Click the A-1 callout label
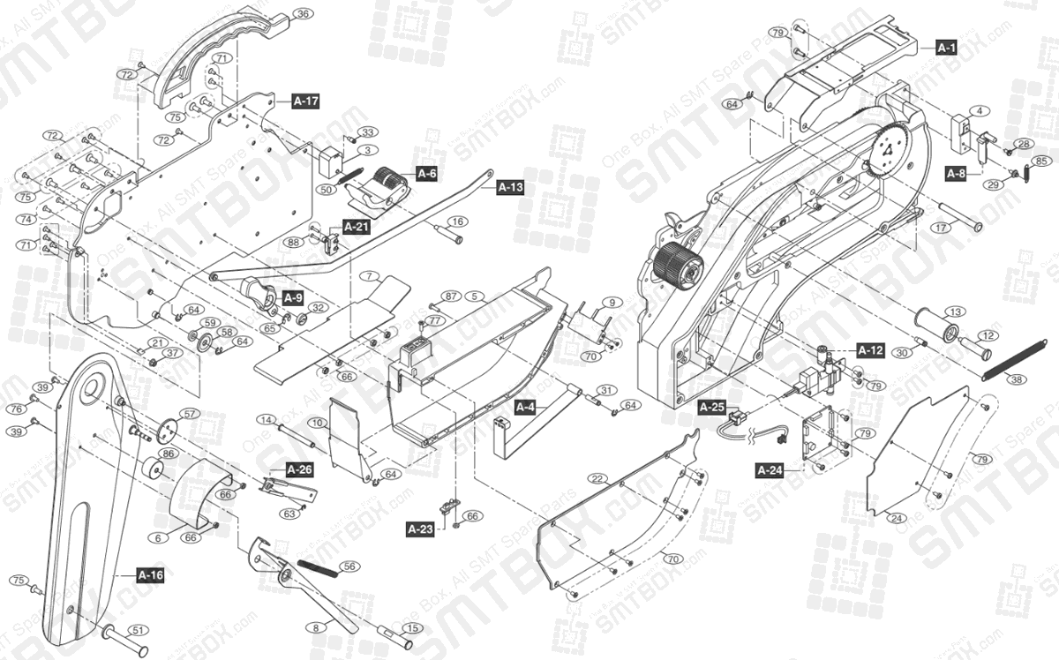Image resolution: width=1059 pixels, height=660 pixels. (946, 48)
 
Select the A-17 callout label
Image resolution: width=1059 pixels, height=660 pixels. (305, 101)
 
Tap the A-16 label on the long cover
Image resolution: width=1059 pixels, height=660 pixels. (151, 575)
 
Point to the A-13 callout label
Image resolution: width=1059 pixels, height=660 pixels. (511, 187)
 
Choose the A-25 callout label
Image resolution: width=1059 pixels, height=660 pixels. (711, 407)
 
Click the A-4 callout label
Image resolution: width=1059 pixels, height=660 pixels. (525, 407)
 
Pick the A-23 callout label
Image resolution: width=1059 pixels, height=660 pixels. (420, 529)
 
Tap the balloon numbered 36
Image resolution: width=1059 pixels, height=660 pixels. (303, 14)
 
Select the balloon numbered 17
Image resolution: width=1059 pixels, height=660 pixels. (941, 227)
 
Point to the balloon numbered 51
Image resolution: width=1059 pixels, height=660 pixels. (138, 630)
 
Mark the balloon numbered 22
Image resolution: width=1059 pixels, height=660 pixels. (598, 478)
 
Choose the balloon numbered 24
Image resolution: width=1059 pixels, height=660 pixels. (897, 518)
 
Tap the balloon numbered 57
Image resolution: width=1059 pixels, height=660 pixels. (190, 413)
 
